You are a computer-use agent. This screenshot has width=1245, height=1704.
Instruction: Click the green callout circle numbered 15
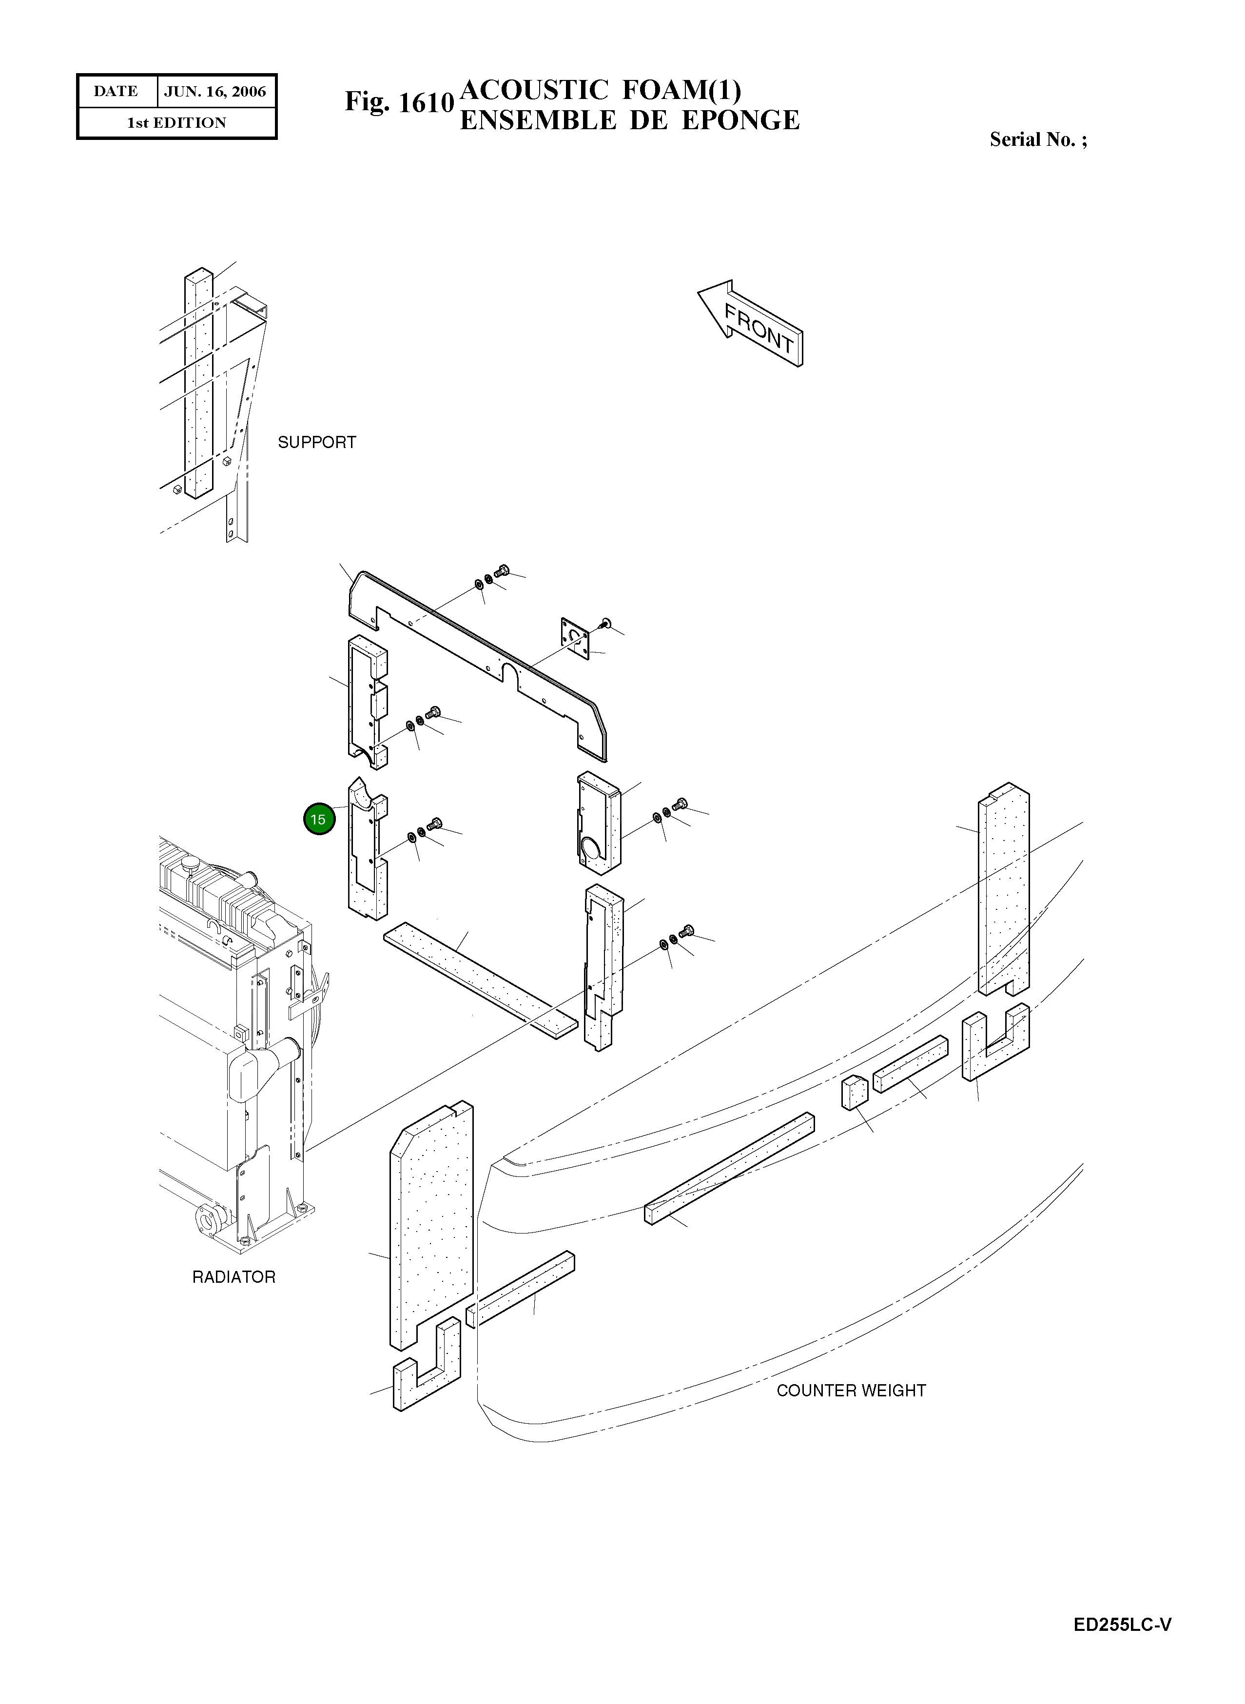click(319, 819)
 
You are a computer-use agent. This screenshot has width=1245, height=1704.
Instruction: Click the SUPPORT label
click(316, 442)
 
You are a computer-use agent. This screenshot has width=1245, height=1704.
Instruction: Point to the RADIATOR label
click(233, 1277)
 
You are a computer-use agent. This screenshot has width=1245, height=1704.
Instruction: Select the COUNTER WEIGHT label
click(850, 1391)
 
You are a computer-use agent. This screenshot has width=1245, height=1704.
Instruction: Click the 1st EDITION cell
click(176, 123)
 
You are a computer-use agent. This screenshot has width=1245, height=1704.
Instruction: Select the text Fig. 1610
click(399, 102)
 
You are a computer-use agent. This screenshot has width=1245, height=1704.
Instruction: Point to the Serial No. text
click(1038, 139)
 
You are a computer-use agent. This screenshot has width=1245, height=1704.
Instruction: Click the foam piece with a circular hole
click(599, 829)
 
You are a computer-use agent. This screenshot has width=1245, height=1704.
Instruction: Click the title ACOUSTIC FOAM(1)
click(600, 90)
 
